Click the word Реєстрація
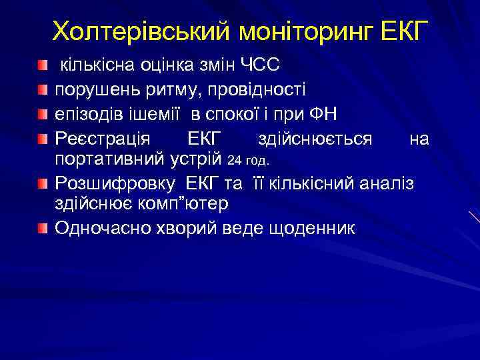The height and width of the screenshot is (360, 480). click(x=102, y=138)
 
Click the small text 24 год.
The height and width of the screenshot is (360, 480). click(x=249, y=161)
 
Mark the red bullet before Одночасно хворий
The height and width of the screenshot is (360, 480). click(x=43, y=228)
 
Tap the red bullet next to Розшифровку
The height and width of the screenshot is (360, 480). click(x=43, y=182)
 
